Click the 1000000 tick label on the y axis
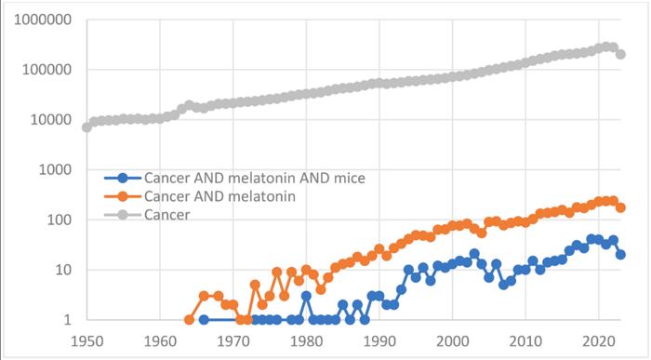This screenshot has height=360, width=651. (x=43, y=20)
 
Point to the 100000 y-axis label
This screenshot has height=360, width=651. (x=46, y=70)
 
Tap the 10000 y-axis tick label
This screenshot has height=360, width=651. (x=50, y=120)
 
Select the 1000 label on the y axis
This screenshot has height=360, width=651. (x=55, y=169)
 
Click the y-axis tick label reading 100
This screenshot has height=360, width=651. (x=59, y=220)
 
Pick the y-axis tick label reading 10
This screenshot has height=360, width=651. (x=63, y=270)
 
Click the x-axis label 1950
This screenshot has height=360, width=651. (x=86, y=341)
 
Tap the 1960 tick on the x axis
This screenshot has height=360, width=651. (x=160, y=341)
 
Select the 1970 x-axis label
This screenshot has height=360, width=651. (x=232, y=341)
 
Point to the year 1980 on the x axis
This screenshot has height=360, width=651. (x=306, y=341)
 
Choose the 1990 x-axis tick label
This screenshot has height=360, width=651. (x=379, y=341)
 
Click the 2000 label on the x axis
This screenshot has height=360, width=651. (x=452, y=341)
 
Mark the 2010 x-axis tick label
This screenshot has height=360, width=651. (x=525, y=341)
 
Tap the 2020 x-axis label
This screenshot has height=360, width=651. (x=598, y=341)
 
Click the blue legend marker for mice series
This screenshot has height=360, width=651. (x=123, y=178)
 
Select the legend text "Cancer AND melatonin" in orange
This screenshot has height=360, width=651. (x=219, y=196)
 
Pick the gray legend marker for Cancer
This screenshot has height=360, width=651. (x=123, y=215)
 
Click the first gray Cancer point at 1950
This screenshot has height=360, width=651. (x=86, y=127)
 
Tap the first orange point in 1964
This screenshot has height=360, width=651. (x=189, y=320)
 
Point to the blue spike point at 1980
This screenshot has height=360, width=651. (x=306, y=296)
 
